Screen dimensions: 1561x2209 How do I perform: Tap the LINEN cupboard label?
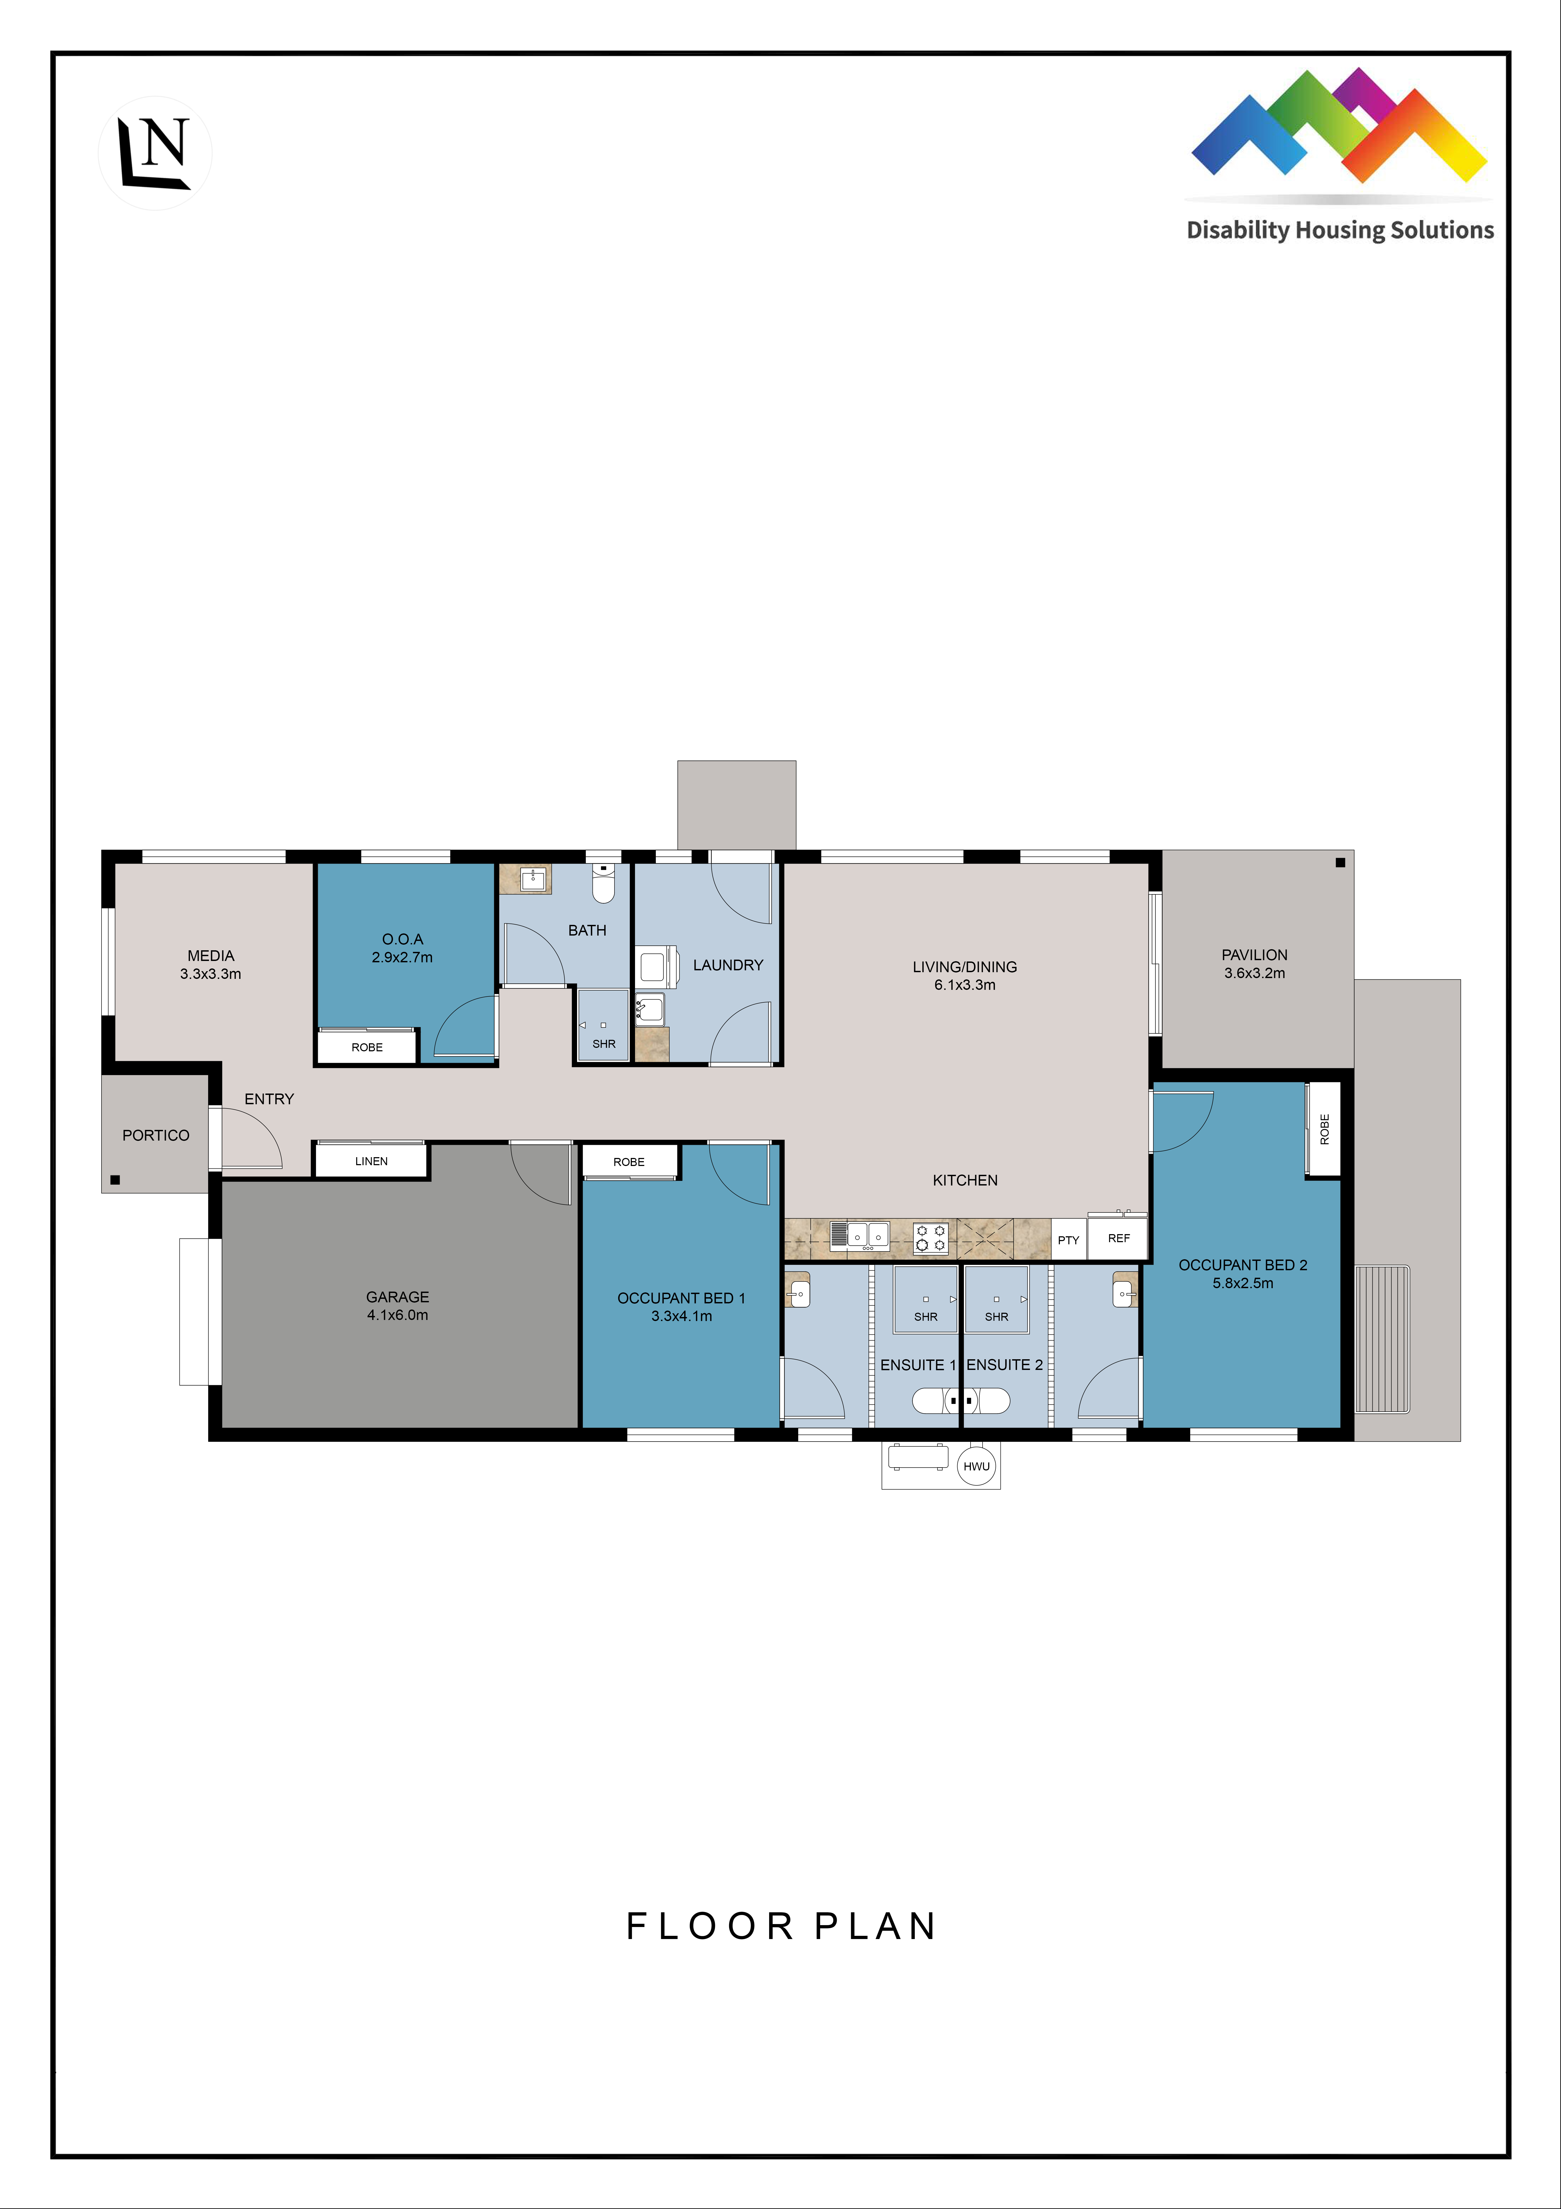coord(371,1161)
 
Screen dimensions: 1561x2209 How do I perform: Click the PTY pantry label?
coord(1068,1240)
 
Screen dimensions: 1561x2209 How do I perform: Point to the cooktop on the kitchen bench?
coord(930,1237)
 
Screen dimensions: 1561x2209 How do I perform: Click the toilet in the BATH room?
coord(603,884)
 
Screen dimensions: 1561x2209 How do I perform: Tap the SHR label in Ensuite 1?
coord(925,1316)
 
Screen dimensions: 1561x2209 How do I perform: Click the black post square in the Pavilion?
coord(1340,863)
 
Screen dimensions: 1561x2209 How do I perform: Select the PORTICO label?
coord(156,1135)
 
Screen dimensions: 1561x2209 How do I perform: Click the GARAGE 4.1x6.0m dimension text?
coord(397,1314)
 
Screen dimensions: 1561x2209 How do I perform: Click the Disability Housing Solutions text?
coord(1340,230)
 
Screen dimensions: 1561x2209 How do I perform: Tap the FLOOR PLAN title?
coord(781,1926)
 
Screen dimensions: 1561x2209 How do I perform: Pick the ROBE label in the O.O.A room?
coord(367,1047)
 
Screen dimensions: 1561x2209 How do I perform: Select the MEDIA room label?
coord(211,955)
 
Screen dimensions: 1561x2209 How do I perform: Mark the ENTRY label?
coord(269,1099)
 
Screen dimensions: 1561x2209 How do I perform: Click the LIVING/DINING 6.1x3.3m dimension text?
coord(965,984)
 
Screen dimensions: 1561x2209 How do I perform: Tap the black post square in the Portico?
coord(115,1180)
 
